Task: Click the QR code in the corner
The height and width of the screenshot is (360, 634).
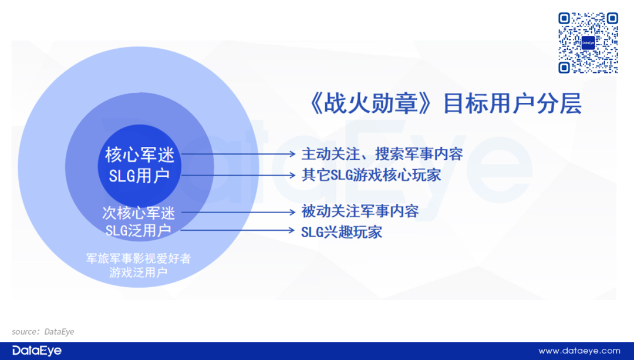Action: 588,43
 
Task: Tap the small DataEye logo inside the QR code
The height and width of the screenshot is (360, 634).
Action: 588,43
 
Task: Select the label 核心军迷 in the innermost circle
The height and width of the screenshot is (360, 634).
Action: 140,155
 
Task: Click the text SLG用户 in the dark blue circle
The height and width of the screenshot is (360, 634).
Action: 139,176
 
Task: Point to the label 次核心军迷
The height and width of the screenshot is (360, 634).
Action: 139,213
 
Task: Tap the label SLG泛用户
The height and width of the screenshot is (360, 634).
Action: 139,231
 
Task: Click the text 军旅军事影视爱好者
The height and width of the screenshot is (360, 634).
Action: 139,258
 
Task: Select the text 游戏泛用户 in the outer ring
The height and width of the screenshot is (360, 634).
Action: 139,272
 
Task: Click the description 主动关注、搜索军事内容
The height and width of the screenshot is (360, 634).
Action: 382,154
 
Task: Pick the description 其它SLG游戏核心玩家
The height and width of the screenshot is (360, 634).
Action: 371,175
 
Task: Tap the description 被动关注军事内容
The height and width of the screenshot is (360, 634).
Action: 360,211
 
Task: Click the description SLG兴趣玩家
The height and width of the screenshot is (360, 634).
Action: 342,232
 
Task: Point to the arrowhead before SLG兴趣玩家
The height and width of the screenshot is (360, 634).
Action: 291,231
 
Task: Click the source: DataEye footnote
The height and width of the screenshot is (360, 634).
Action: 43,332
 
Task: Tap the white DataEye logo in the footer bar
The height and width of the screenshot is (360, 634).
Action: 37,351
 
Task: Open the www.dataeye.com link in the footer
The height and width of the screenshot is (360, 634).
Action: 579,351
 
